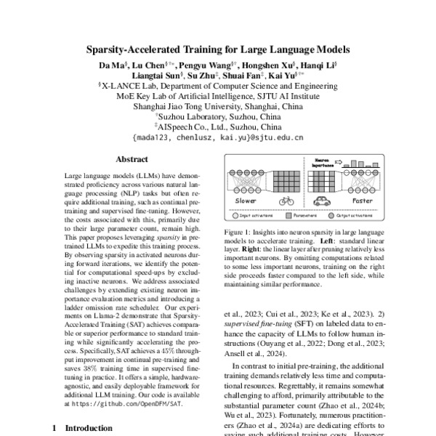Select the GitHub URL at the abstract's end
click(127, 401)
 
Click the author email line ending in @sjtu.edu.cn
click(217, 135)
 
